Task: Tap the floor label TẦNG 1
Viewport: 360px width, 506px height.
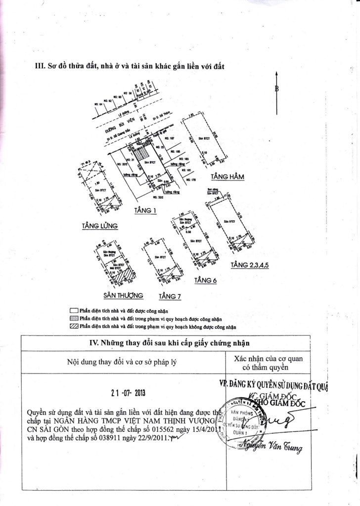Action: coord(145,211)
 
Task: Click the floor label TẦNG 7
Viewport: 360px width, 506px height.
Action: coord(170,296)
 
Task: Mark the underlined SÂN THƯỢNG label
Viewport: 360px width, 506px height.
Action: coord(123,295)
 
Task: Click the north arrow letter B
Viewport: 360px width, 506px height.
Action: coord(277,89)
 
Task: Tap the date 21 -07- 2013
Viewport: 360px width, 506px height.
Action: coord(128,394)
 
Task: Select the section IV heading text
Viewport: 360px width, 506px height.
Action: coord(166,342)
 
